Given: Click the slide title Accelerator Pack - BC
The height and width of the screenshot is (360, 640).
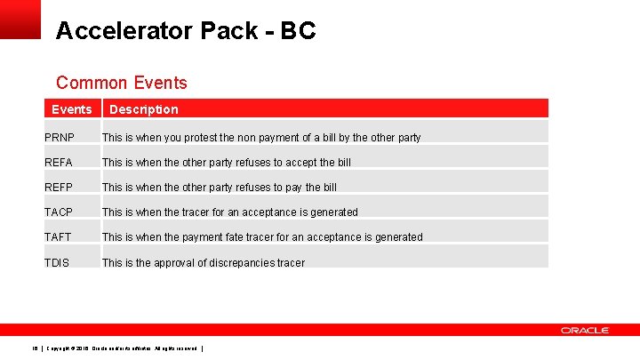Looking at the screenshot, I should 185,31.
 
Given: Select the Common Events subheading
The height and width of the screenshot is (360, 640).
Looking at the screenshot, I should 122,83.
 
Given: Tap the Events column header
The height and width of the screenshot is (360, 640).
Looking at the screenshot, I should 71,109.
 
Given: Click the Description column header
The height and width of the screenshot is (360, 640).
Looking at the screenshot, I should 143,109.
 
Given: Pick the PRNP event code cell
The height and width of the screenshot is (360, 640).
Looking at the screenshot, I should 60,138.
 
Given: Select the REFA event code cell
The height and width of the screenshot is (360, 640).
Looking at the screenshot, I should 59,163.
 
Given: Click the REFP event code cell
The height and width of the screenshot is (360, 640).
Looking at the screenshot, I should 59,188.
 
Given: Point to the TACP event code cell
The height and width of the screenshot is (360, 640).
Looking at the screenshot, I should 59,212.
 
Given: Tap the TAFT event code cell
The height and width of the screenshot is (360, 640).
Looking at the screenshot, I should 59,237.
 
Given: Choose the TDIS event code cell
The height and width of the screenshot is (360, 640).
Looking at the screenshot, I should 57,263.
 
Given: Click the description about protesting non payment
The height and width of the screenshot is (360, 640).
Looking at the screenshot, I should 261,138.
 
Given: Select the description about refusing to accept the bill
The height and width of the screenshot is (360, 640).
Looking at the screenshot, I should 227,163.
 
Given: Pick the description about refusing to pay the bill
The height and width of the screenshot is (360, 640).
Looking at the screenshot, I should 220,188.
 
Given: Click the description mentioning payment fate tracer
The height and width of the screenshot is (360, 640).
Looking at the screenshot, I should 262,237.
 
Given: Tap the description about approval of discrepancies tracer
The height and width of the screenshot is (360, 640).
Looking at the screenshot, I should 203,263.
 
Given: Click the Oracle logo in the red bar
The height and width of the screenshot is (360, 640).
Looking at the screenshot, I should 584,330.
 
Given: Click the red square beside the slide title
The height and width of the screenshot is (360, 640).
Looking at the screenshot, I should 20,19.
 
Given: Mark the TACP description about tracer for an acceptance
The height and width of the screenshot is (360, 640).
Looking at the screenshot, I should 229,212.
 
